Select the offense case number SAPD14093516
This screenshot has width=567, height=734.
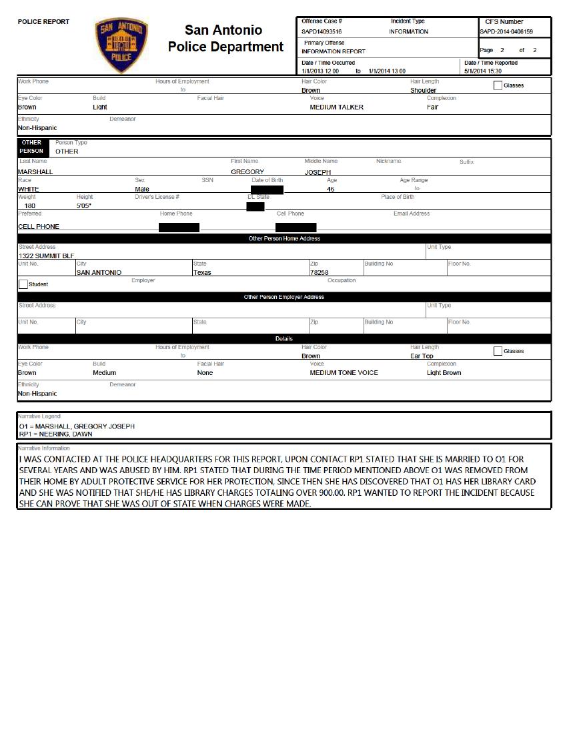(322, 31)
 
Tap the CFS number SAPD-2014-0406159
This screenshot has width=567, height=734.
(506, 31)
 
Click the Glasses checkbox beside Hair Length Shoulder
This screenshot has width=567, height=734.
(498, 85)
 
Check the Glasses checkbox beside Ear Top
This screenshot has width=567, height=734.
(498, 351)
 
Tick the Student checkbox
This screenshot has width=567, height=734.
(23, 284)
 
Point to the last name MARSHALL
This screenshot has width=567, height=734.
(35, 172)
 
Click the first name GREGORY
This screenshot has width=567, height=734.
(247, 172)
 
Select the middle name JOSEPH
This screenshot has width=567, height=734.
(318, 172)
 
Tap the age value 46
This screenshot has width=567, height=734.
(331, 190)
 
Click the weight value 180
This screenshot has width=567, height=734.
(30, 206)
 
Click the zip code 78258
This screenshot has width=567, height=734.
(319, 272)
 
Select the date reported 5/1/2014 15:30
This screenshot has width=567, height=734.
(483, 71)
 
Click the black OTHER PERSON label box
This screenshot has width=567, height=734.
(31, 147)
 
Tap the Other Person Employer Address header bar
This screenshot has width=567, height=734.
(284, 297)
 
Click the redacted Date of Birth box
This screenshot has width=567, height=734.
(267, 190)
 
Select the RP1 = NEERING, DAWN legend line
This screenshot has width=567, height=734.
(56, 434)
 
